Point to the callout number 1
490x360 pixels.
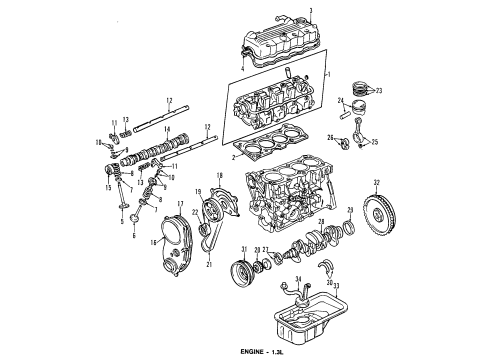[330, 75]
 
